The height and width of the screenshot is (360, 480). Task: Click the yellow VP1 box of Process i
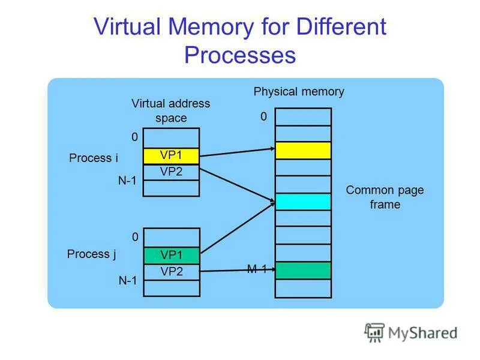pyautogui.click(x=171, y=156)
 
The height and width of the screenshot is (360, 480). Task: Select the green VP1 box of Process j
pyautogui.click(x=171, y=256)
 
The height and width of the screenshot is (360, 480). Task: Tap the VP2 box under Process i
pyautogui.click(x=171, y=172)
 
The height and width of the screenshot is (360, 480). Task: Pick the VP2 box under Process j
pyautogui.click(x=171, y=271)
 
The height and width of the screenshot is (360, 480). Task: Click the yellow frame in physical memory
pyautogui.click(x=303, y=150)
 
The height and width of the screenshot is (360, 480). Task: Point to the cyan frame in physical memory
pyautogui.click(x=303, y=202)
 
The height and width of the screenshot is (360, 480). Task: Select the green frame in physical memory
pyautogui.click(x=303, y=270)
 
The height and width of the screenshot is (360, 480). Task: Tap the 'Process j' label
pyautogui.click(x=92, y=254)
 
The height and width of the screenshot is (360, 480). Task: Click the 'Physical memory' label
pyautogui.click(x=299, y=92)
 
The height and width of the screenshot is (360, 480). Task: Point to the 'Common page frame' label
pyautogui.click(x=385, y=197)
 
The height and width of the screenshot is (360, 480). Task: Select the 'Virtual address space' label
pyautogui.click(x=171, y=110)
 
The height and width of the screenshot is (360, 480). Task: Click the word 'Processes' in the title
pyautogui.click(x=240, y=55)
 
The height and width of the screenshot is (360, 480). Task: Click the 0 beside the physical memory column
pyautogui.click(x=263, y=118)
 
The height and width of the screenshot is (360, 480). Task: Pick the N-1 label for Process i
pyautogui.click(x=128, y=181)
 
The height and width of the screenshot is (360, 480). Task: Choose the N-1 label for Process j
pyautogui.click(x=128, y=280)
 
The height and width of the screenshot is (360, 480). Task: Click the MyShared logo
pyautogui.click(x=411, y=332)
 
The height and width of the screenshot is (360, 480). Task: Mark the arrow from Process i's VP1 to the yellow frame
pyautogui.click(x=237, y=153)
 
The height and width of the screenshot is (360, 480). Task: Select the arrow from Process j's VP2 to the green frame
pyautogui.click(x=237, y=271)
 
